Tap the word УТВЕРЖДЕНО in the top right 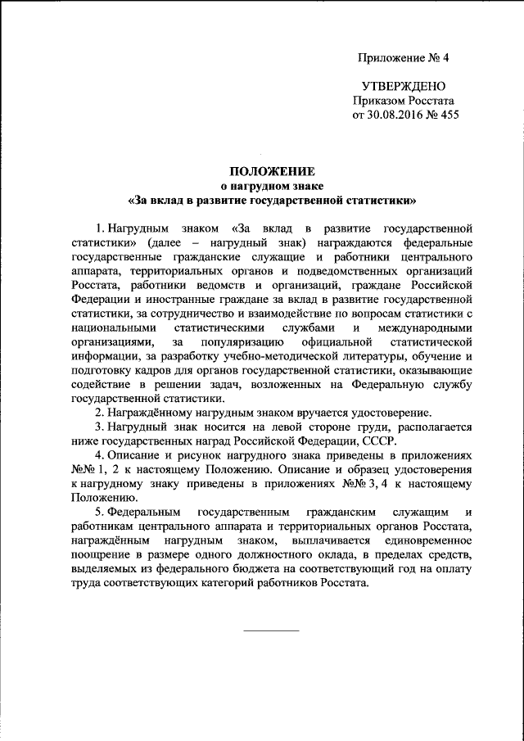(x=404, y=86)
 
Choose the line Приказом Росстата (x=400, y=101)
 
